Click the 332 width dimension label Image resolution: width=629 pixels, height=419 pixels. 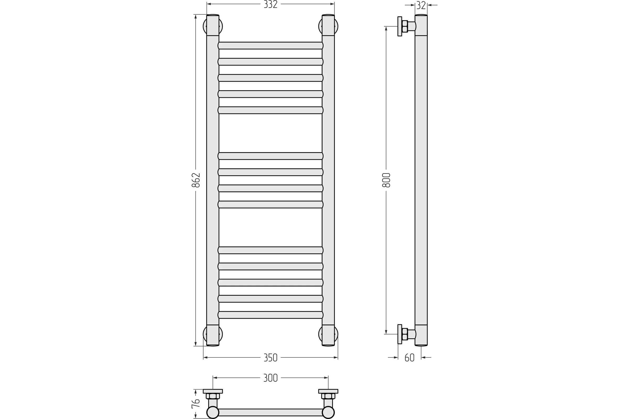[270, 4]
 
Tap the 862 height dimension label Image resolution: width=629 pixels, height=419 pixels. [196, 180]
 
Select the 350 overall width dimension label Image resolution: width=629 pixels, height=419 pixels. [270, 357]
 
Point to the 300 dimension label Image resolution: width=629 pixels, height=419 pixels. [270, 378]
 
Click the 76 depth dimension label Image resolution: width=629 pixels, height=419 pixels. [196, 404]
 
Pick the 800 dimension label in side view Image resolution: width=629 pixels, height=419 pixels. [386, 180]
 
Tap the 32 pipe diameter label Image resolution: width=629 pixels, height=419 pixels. [421, 5]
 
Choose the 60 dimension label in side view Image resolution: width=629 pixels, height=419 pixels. [409, 357]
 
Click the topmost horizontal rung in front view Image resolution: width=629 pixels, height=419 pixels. [270, 45]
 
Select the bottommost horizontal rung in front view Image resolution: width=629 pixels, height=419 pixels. [270, 315]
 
